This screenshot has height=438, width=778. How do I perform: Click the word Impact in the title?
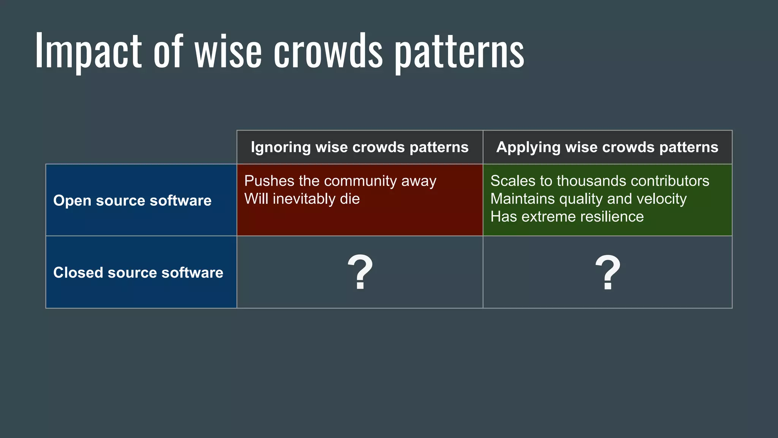pos(88,51)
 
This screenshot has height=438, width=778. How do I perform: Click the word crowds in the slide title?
pos(328,51)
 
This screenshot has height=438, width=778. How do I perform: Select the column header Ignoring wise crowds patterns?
pos(359,147)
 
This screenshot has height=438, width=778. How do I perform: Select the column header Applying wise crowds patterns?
pos(607,147)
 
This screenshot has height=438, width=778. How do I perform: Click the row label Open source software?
pos(132,200)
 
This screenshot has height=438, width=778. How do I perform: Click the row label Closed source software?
pos(138,273)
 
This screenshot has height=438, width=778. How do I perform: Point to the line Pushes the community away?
pos(340,181)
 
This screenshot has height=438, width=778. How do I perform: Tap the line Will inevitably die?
pos(302,199)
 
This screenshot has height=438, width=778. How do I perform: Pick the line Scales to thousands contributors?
pos(599,181)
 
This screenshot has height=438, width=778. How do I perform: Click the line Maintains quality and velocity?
pos(588,199)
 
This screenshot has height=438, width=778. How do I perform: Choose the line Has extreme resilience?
pos(567,217)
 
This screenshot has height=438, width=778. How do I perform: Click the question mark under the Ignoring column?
pos(360,272)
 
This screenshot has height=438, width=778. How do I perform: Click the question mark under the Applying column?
pos(607,272)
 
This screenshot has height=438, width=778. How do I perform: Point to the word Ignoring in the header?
pos(281,148)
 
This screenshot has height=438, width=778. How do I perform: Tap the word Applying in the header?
pos(528,148)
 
